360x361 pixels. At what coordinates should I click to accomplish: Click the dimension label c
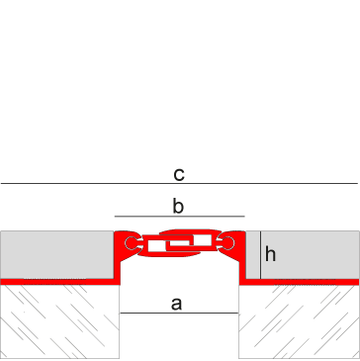179,175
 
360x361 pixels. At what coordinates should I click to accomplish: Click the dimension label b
178,207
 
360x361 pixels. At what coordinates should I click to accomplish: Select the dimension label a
176,304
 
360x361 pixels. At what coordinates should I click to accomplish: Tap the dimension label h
270,254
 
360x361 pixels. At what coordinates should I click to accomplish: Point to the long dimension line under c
179,183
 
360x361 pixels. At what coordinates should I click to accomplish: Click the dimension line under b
180,217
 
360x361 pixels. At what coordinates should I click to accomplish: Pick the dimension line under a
179,313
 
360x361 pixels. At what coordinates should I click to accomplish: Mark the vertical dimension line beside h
261,255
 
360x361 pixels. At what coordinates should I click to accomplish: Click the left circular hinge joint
132,243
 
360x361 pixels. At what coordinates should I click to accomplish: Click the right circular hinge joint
227,243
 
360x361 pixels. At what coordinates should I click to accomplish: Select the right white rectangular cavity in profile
203,240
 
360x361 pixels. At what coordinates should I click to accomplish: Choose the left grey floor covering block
57,254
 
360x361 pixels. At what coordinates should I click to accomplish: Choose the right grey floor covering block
303,255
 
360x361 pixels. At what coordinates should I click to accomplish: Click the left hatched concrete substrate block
59,321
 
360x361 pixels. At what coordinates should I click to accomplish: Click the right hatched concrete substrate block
299,321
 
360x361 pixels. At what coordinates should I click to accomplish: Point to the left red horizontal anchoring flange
60,282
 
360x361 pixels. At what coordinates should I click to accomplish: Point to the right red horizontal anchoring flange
299,282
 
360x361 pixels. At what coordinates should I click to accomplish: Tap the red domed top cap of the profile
190,232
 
